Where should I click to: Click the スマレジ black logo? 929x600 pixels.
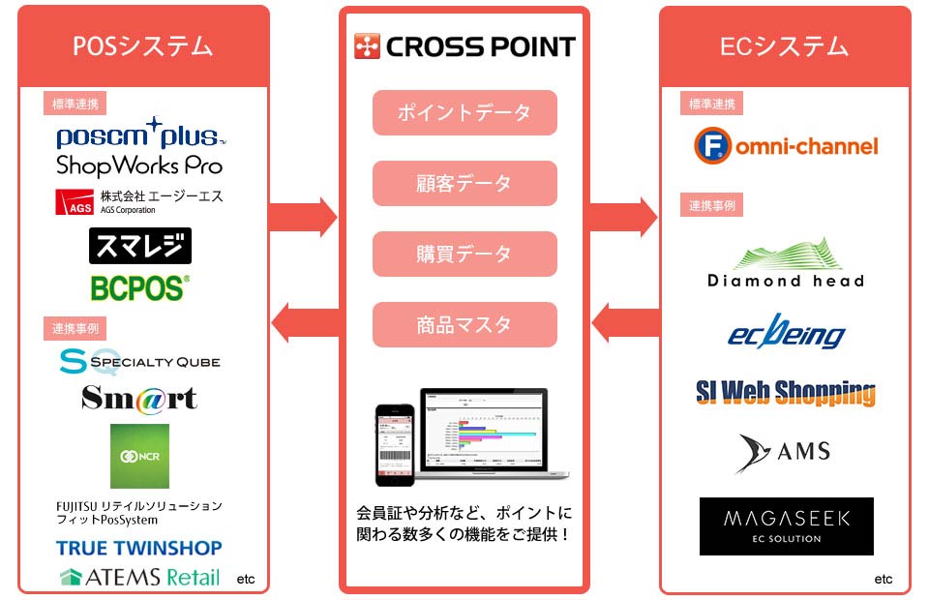[x=139, y=246]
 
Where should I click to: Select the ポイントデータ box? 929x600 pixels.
[x=464, y=112]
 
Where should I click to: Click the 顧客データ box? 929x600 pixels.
[x=464, y=183]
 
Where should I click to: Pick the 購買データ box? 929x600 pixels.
[x=464, y=254]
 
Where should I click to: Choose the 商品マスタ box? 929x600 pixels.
[x=464, y=324]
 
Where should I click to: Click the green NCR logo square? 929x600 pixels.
[x=139, y=456]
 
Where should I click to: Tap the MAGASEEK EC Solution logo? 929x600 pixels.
[x=786, y=526]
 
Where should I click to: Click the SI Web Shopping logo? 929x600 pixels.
[x=786, y=392]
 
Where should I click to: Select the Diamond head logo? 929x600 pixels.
[x=786, y=262]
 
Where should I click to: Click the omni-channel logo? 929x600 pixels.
[x=786, y=146]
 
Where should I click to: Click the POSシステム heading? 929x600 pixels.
[x=142, y=45]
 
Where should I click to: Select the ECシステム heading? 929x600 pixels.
[x=785, y=45]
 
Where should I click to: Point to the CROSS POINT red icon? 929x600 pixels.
[x=368, y=45]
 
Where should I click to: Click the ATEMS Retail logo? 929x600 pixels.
[x=139, y=578]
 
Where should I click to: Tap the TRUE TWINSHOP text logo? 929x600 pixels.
[x=139, y=548]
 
